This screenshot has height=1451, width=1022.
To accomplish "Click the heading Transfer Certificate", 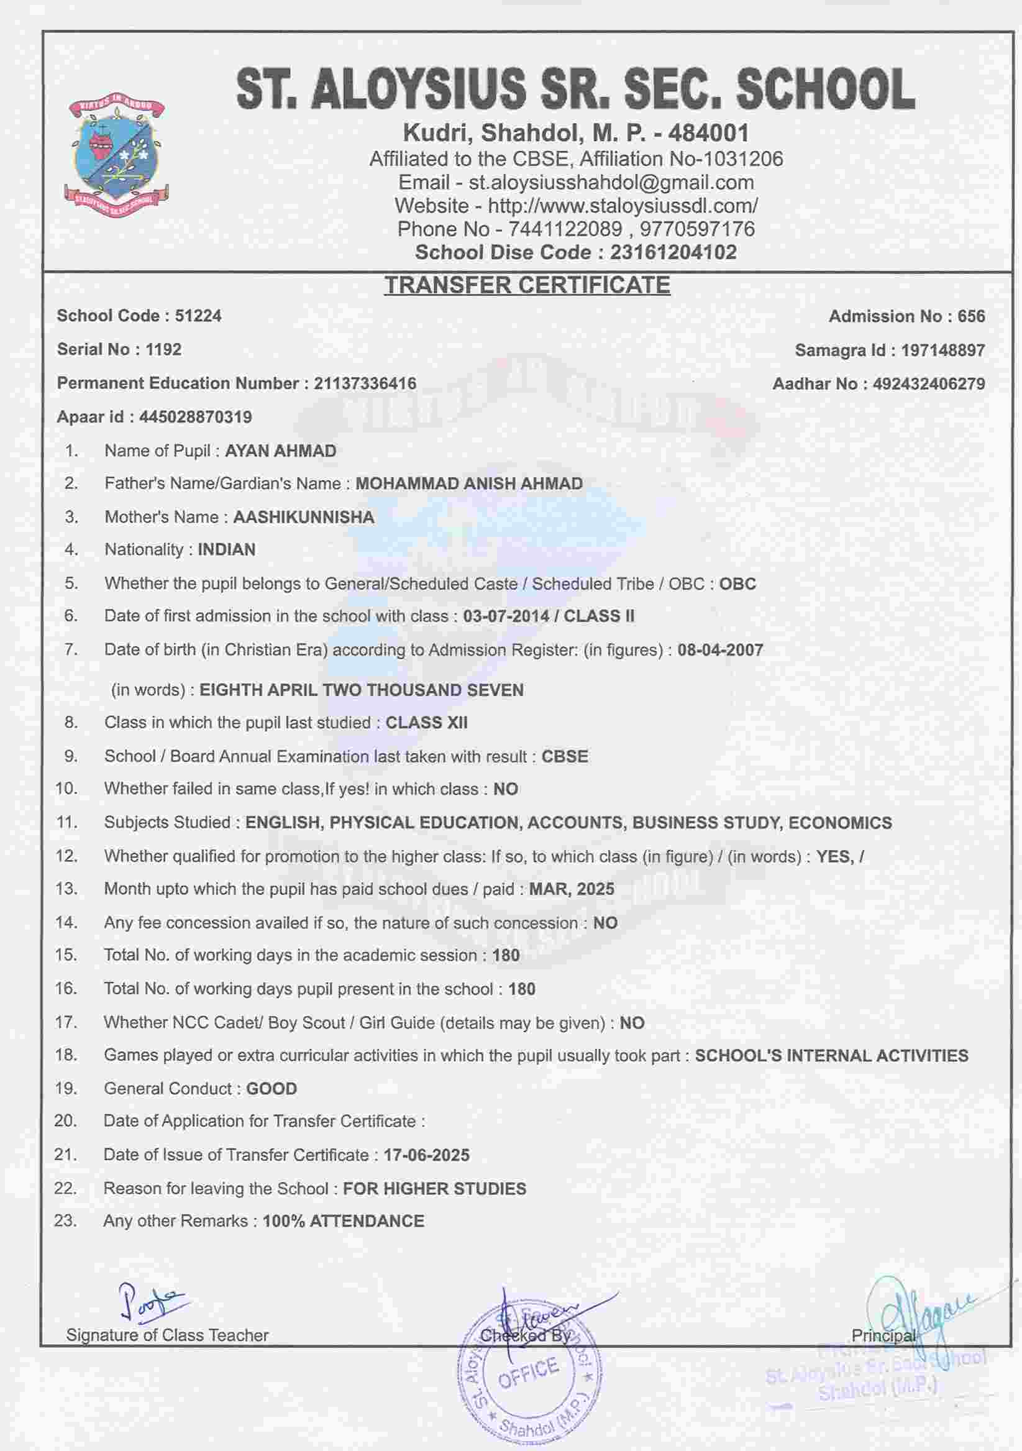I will point(527,286).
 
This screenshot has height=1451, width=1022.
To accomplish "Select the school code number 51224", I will point(198,316).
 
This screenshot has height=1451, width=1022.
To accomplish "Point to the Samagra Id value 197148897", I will point(942,350).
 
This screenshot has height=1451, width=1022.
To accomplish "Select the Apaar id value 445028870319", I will point(196,417).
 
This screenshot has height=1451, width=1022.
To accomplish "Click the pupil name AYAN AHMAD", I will point(280,451).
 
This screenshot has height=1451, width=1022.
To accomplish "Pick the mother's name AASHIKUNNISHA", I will point(304,517).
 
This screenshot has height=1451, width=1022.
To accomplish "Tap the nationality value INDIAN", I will point(227,550).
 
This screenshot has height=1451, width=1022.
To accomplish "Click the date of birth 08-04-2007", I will point(720,649).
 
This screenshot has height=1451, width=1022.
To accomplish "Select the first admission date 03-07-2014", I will point(506,616).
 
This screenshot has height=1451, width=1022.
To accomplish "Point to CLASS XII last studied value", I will point(426,723).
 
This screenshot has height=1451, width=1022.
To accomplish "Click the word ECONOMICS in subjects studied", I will point(840,823).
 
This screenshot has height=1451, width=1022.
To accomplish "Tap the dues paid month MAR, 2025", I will point(572,889).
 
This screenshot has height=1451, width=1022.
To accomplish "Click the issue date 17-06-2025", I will point(426,1155).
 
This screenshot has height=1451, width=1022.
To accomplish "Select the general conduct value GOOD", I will point(271,1089).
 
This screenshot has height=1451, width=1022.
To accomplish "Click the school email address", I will point(611,183).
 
